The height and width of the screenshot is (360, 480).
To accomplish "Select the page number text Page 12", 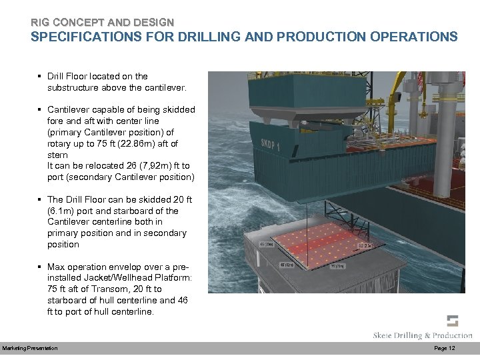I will click(444, 349).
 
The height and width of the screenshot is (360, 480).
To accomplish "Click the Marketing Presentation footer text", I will click(29, 349).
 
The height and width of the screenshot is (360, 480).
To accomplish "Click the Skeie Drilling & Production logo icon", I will click(453, 320).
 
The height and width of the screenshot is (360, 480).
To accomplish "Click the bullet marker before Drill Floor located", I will click(40, 77).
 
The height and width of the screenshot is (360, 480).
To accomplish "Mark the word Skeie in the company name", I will click(387, 335).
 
